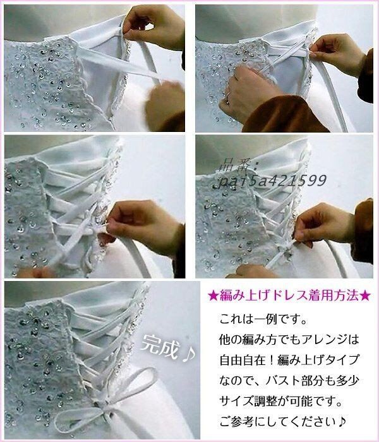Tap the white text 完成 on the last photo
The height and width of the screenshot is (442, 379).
160,346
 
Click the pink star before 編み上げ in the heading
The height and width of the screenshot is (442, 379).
214,296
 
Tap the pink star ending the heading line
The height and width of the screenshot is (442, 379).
365,296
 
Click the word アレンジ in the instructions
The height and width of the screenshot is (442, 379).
323,340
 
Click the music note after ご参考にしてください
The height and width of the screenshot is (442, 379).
342,422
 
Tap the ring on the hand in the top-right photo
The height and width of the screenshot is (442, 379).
227,97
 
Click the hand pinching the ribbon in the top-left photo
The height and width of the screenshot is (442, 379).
153,26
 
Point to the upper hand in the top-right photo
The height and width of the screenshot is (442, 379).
337,54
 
